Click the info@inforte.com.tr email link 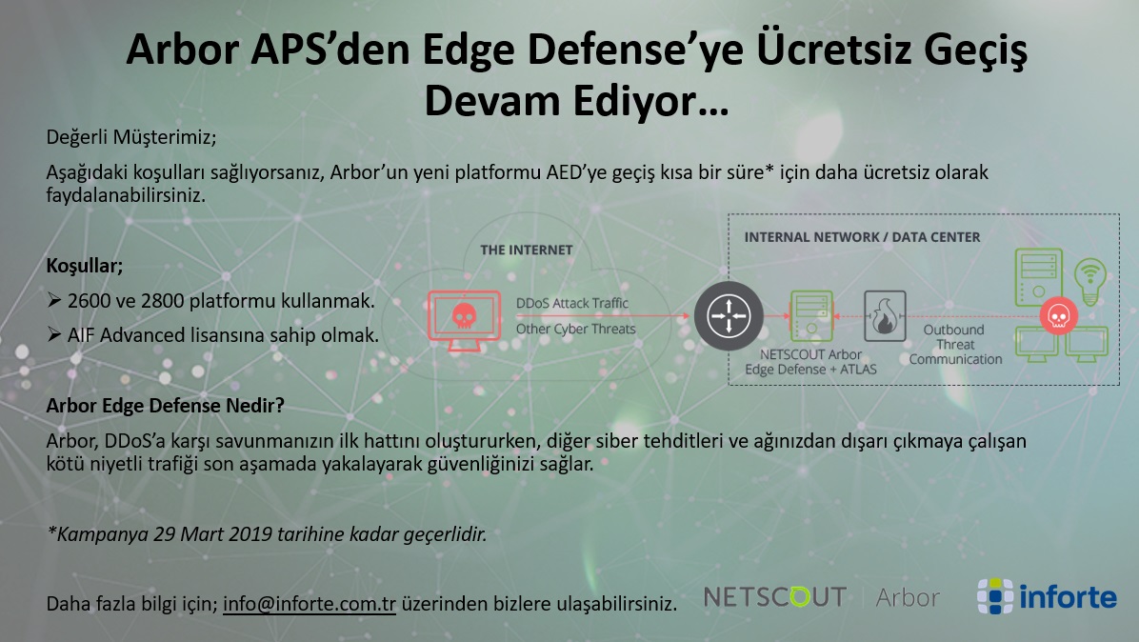[x=310, y=604]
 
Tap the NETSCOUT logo [x=775, y=597]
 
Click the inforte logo [x=1047, y=596]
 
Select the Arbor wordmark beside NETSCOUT [x=908, y=597]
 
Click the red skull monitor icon [x=464, y=319]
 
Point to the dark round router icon [x=729, y=316]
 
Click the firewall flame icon [x=885, y=316]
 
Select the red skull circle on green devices [x=1058, y=316]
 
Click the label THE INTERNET [x=527, y=250]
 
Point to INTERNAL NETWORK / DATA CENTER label [x=862, y=237]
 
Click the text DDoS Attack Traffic [x=572, y=303]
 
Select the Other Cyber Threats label [x=575, y=329]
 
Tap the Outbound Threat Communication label [x=955, y=344]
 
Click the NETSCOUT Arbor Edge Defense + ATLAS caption [x=810, y=362]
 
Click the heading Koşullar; [x=84, y=266]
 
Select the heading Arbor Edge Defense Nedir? [x=165, y=405]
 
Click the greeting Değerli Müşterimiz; [x=131, y=137]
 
